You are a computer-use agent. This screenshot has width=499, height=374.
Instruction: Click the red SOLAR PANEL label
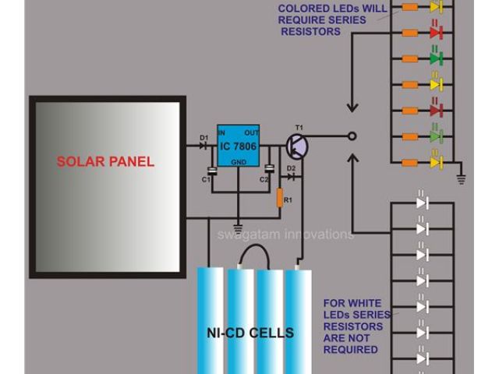click(105, 162)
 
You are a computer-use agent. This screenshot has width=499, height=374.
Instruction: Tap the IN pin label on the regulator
click(223, 132)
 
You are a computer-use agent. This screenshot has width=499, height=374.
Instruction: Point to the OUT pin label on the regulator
click(253, 132)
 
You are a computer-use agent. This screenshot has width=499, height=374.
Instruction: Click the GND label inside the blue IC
click(239, 162)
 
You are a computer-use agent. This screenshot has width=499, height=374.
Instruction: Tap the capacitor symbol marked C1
click(211, 171)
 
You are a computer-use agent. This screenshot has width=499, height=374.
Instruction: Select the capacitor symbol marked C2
click(270, 169)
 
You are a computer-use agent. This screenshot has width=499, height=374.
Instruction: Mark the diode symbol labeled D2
click(292, 177)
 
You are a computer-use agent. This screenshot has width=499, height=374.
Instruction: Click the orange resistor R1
click(279, 198)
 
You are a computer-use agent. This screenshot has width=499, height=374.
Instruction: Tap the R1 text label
click(288, 201)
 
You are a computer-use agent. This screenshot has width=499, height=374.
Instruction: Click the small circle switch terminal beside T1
click(352, 136)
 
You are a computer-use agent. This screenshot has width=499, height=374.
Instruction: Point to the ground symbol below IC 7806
click(239, 226)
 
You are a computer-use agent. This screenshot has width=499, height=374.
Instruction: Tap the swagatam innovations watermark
click(285, 234)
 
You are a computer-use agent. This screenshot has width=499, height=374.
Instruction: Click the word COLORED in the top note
click(304, 9)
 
